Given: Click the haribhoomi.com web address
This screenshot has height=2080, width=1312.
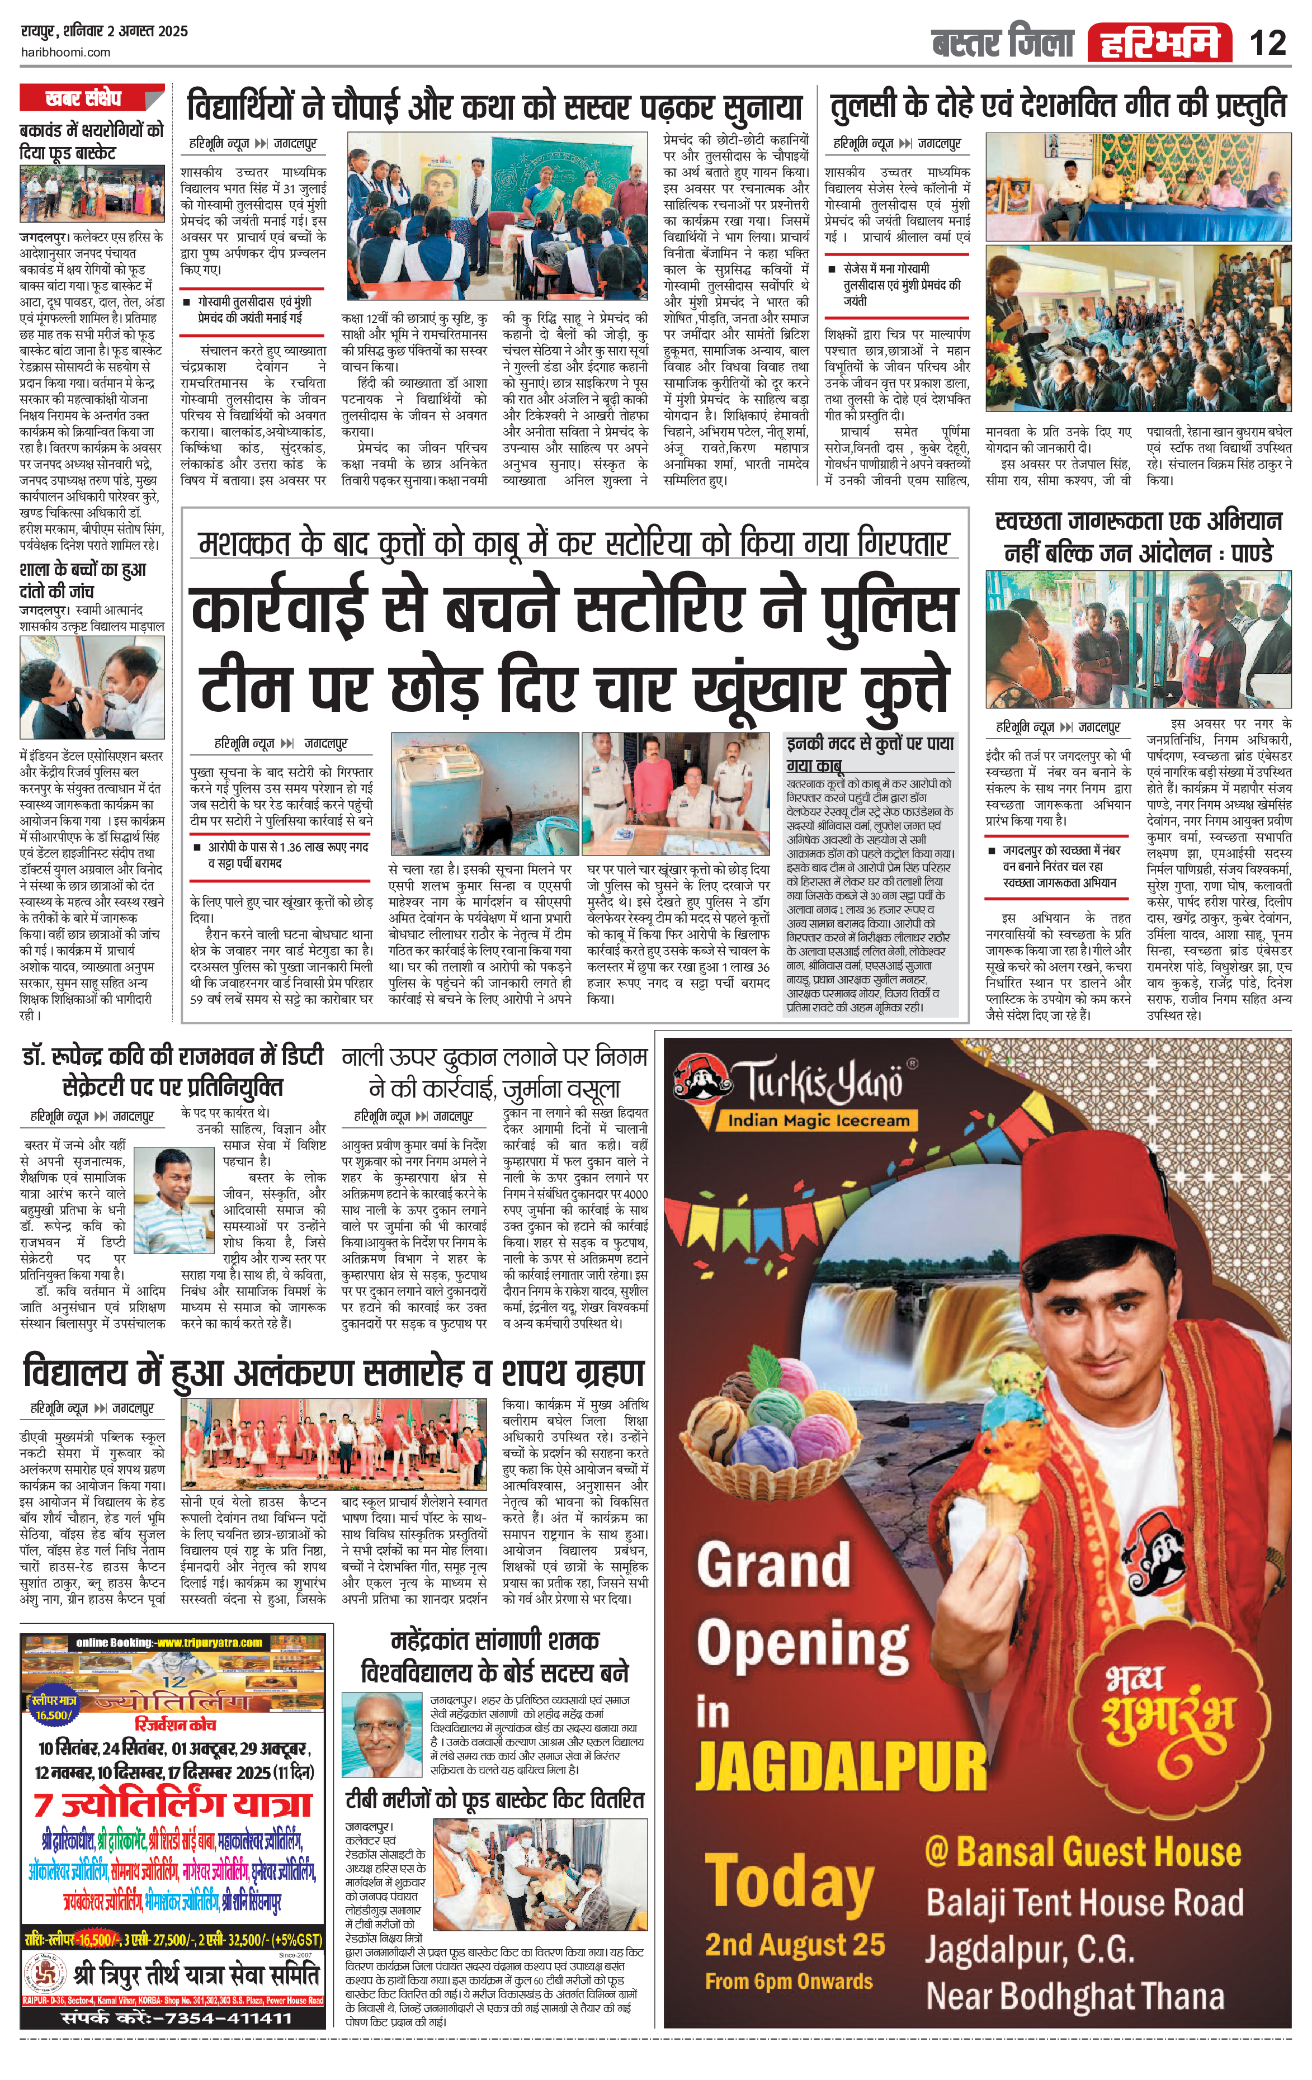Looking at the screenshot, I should (65, 52).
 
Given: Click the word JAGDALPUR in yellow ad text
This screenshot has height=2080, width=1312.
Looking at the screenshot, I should (841, 1766).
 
